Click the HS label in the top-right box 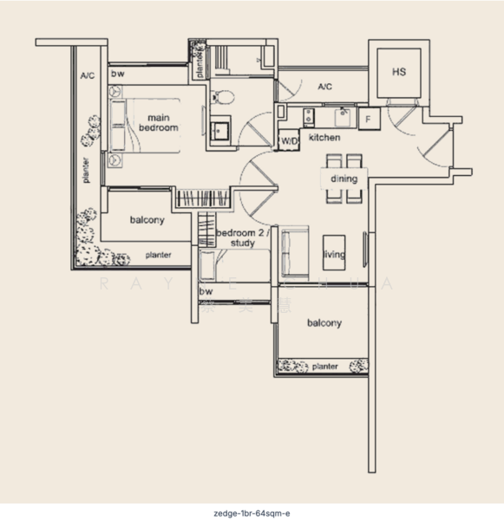coord(399,72)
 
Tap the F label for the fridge coord(368,118)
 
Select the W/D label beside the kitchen coord(289,140)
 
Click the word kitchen coord(324,138)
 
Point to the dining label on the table coord(344,179)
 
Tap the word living coord(334,255)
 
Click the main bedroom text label coord(158,122)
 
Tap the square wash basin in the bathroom coord(220,129)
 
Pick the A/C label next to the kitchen coord(325,87)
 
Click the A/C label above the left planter coord(88,76)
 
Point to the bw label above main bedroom coord(117,75)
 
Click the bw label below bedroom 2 coord(206,292)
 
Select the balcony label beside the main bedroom coord(147,220)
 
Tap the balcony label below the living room coord(324,323)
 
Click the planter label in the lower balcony coord(324,367)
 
